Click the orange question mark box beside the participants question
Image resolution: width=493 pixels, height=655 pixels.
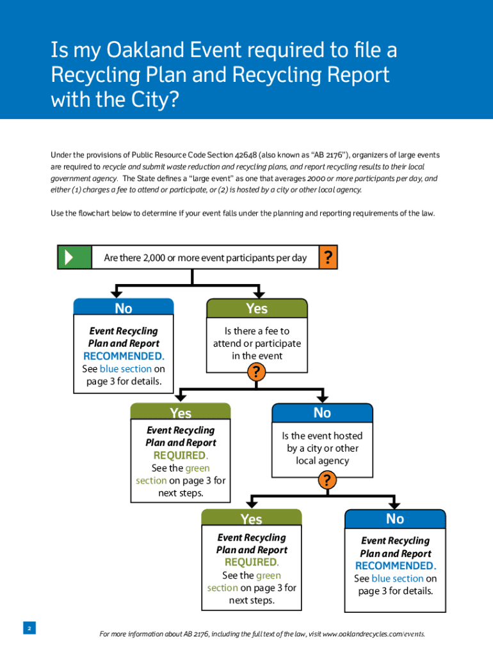327,257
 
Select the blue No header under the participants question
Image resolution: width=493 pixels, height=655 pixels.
124,308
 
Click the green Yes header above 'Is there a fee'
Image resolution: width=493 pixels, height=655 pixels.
257,308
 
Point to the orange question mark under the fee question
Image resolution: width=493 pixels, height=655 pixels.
257,372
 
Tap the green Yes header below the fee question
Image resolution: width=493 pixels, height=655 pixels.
181,413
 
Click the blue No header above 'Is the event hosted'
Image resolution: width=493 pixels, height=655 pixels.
322,413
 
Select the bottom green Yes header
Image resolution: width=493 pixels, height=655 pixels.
251,519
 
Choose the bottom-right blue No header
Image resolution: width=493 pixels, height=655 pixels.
395,518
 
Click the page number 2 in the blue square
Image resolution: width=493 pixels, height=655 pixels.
29,628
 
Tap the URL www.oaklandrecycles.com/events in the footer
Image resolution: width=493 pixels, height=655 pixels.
373,634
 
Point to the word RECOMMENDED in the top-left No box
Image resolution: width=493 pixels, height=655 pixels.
124,356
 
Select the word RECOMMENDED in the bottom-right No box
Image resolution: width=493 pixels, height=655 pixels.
395,565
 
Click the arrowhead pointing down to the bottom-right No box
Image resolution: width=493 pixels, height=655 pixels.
395,505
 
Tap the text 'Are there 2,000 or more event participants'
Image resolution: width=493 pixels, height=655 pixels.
186,258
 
